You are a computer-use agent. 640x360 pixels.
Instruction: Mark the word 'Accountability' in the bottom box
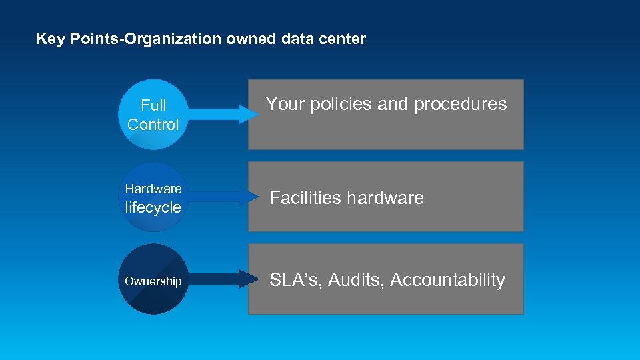(x=447, y=280)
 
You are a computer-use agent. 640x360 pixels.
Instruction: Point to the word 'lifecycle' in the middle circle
(x=153, y=207)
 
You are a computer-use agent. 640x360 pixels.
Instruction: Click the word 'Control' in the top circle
(x=153, y=125)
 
